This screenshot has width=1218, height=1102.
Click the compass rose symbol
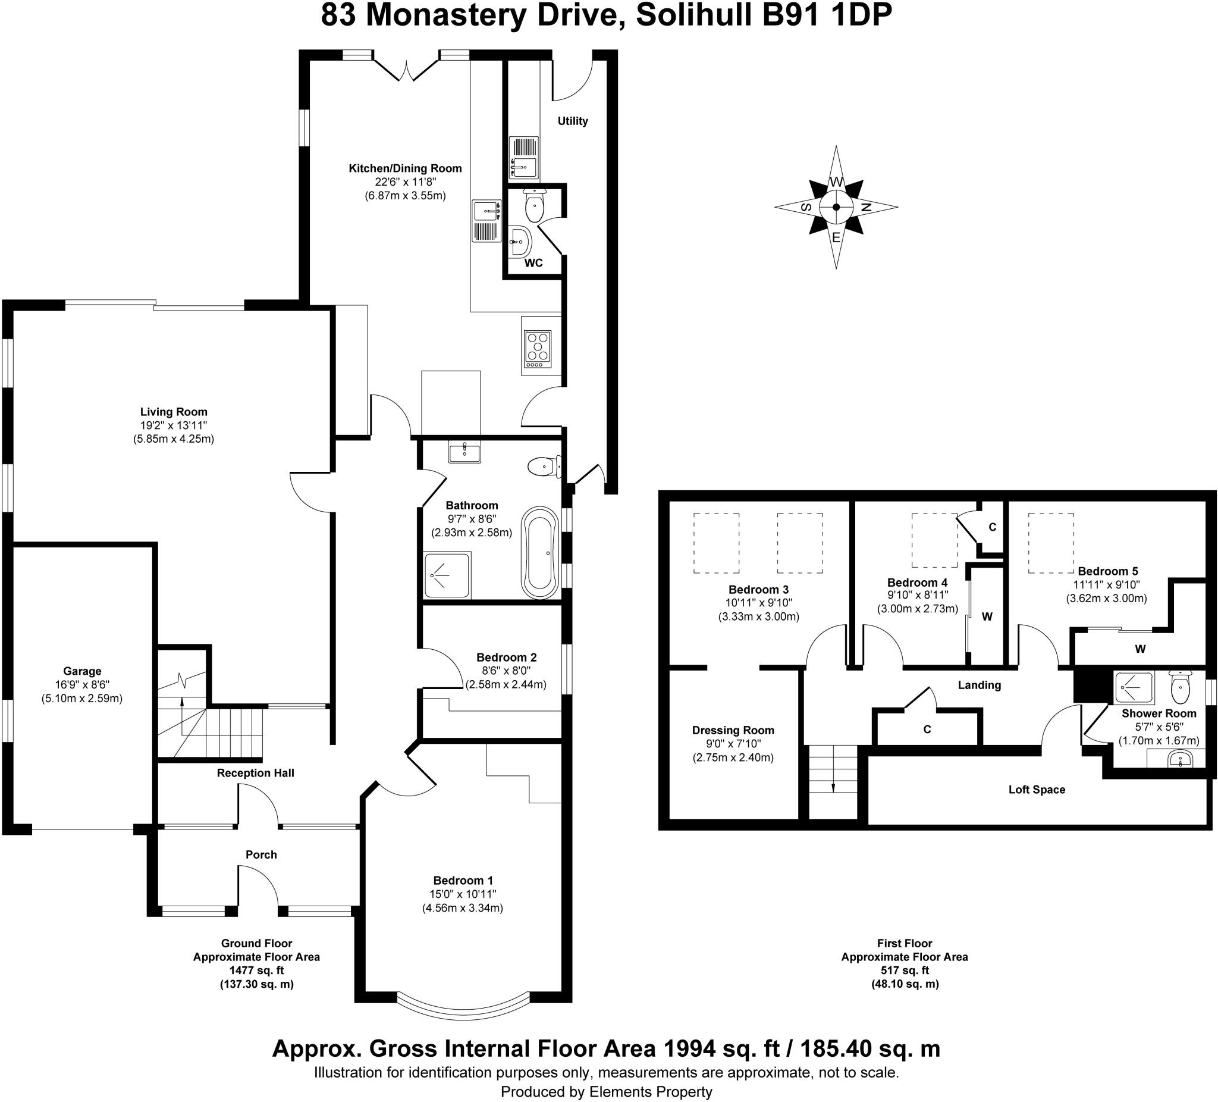[836, 207]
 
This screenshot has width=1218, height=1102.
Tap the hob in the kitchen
[537, 349]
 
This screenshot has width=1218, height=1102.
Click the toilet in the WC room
[535, 205]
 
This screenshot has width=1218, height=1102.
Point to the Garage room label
[82, 671]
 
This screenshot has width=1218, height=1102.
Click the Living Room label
[174, 412]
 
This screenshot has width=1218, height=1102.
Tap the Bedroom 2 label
[506, 657]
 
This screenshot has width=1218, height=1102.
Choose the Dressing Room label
[733, 730]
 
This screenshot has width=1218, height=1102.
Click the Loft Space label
[1037, 790]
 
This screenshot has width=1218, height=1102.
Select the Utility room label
[573, 121]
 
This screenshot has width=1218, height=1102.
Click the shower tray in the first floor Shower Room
[1135, 687]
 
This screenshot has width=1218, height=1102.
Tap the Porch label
[261, 854]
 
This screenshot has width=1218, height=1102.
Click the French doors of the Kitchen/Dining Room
[406, 67]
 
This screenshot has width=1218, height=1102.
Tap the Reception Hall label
[256, 772]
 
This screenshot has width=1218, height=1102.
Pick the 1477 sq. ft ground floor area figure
[257, 970]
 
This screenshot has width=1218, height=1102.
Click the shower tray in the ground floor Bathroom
[447, 574]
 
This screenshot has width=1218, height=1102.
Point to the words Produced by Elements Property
[607, 1092]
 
